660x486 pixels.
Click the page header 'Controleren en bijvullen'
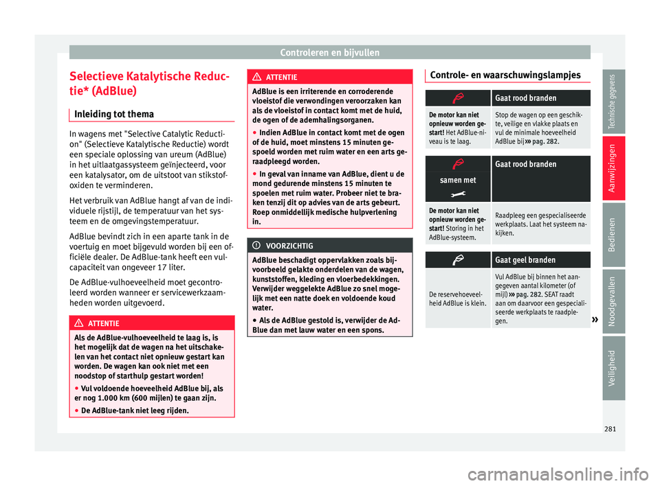tap(330, 51)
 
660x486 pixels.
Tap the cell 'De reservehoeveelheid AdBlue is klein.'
tap(457, 298)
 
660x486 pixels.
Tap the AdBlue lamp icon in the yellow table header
tap(458, 260)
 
